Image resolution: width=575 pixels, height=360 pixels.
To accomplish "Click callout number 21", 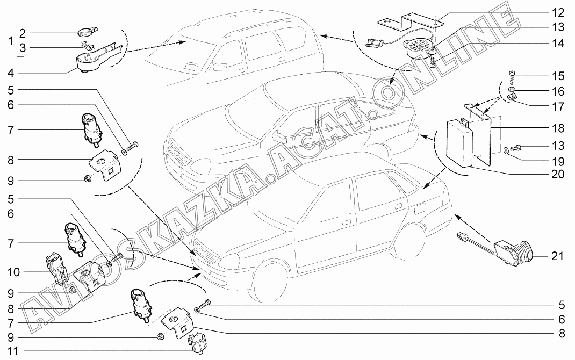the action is [557, 256].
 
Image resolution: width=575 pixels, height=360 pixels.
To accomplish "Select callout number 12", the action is [558, 13].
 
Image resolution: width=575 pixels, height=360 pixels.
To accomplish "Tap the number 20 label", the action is [558, 174].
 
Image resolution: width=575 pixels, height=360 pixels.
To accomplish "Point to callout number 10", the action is [13, 272].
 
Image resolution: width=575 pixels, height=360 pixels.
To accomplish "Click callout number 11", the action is [13, 351].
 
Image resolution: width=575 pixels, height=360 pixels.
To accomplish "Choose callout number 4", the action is [11, 73].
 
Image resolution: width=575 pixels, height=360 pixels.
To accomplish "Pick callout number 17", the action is [558, 107].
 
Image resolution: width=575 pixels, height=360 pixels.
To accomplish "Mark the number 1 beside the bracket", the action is [11, 41].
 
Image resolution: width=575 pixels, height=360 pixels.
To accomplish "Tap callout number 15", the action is [558, 76].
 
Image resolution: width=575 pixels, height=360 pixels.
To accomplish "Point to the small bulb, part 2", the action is [87, 33].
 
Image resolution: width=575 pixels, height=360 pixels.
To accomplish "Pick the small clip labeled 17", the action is [512, 97].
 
